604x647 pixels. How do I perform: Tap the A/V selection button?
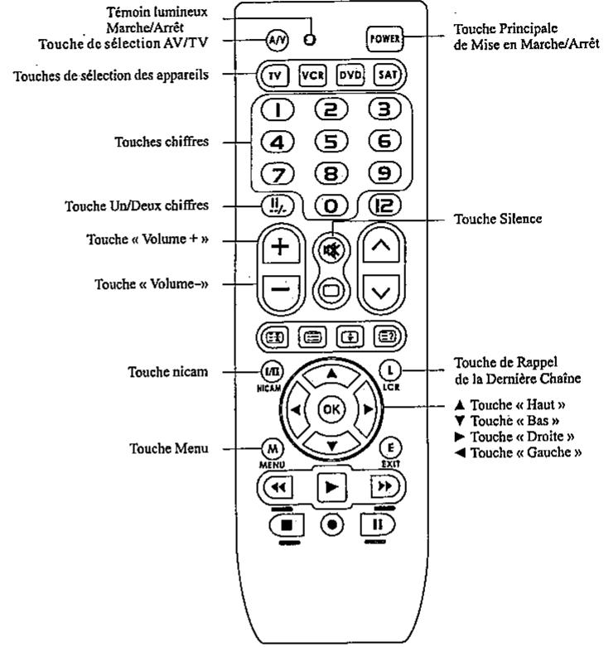pos(276,38)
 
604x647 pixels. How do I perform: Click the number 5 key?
pos(328,142)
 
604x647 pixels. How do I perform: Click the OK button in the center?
pos(330,409)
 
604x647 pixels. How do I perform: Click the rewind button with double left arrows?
pos(276,487)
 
